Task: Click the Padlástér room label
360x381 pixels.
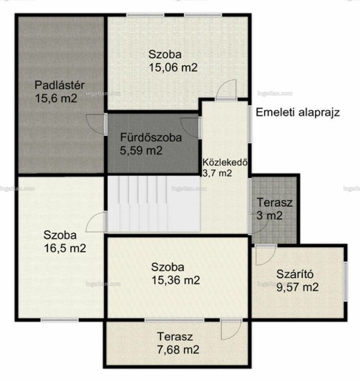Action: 60,85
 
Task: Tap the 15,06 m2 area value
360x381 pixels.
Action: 173,67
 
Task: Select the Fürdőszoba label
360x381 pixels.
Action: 151,138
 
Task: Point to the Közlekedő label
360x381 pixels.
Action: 225,162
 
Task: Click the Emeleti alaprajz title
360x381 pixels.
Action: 298,112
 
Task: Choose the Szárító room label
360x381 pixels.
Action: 295,274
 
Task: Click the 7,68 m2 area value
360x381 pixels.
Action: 178,350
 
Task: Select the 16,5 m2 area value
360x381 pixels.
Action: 65,248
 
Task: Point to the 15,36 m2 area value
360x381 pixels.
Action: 175,280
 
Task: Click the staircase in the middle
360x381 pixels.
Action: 154,204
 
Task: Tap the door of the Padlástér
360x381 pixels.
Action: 97,124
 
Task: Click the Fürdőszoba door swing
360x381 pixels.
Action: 191,128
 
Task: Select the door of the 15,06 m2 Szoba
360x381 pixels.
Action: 226,90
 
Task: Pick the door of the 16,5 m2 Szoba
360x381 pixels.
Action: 97,221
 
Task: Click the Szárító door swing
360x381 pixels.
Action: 266,255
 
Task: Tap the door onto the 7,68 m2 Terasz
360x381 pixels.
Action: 231,330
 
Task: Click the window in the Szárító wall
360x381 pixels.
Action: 345,281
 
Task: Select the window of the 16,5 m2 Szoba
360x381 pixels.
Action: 59,320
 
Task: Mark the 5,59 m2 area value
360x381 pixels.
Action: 141,150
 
